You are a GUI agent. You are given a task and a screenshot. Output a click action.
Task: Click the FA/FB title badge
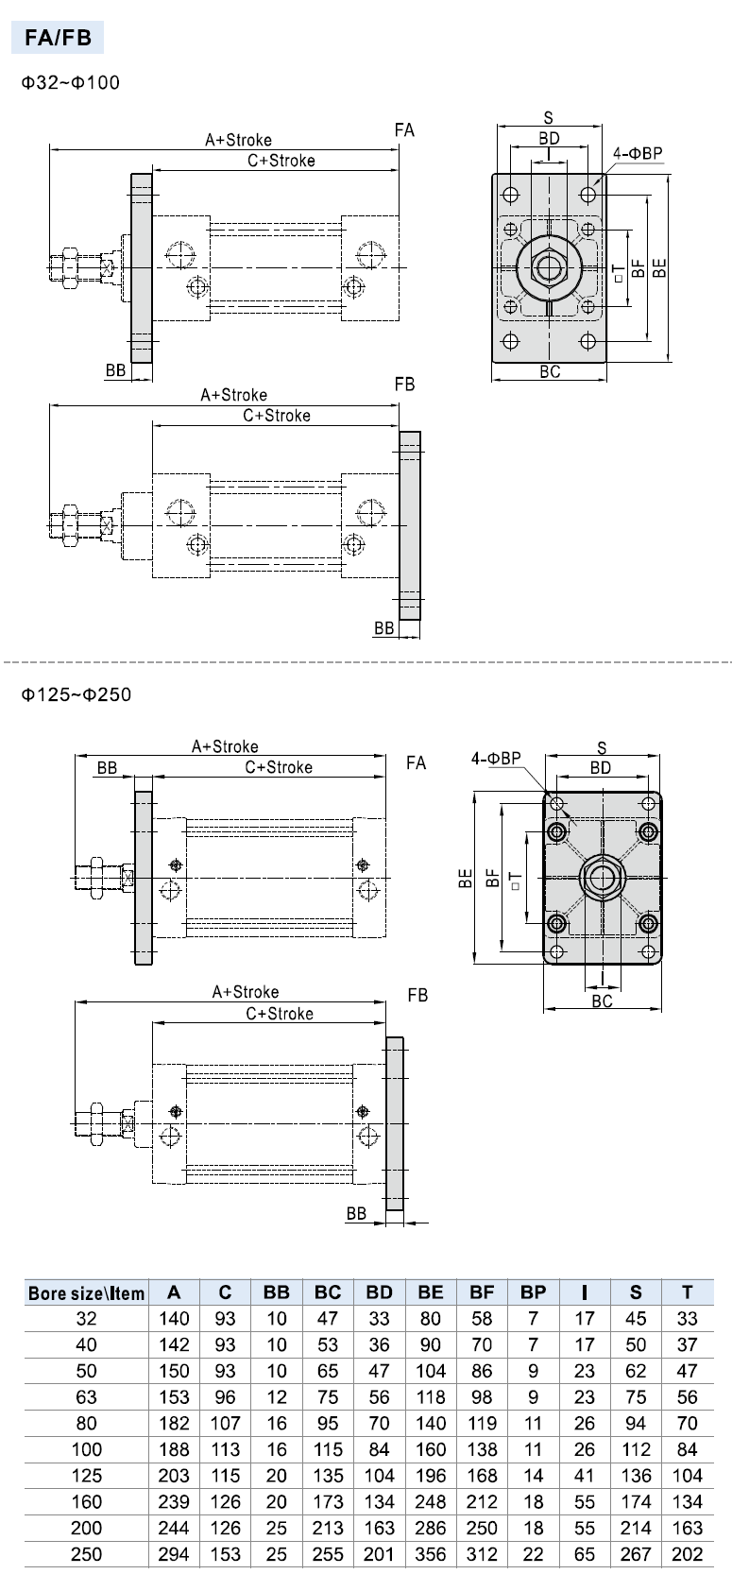58,39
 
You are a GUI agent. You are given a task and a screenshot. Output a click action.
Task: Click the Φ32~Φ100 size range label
72,82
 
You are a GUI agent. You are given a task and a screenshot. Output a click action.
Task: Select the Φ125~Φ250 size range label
77,694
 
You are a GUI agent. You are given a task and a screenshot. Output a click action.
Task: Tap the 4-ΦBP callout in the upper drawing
638,153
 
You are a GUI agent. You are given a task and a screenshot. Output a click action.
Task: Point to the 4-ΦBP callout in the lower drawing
496,758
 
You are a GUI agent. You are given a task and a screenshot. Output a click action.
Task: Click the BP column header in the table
533,1292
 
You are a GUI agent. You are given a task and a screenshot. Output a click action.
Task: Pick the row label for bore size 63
86,1397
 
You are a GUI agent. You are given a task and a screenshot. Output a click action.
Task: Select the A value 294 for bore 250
174,1554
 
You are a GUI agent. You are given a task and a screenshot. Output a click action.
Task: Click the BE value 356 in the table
430,1554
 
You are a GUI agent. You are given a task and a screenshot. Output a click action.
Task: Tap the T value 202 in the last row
687,1554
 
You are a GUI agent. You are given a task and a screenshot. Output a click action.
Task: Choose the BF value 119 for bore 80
482,1424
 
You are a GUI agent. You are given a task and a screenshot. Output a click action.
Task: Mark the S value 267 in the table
636,1554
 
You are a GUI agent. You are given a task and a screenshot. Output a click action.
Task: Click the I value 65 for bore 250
585,1554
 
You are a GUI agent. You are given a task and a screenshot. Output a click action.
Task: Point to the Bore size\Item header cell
86,1293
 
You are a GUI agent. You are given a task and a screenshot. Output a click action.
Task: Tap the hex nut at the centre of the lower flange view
601,878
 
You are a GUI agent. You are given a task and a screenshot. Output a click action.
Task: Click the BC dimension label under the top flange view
550,371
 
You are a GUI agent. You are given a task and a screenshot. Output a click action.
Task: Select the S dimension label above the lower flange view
602,748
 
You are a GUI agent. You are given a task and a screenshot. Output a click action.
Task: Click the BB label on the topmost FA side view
115,370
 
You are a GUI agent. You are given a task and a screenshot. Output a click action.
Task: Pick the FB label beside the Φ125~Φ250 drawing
417,995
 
